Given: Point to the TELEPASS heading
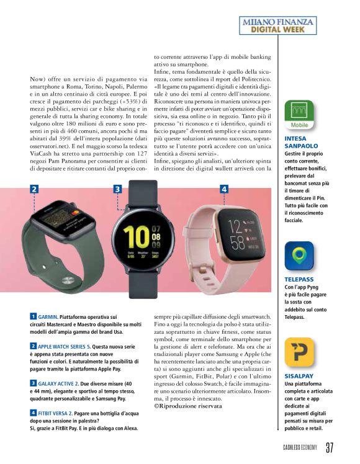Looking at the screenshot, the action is [x=300, y=280].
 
